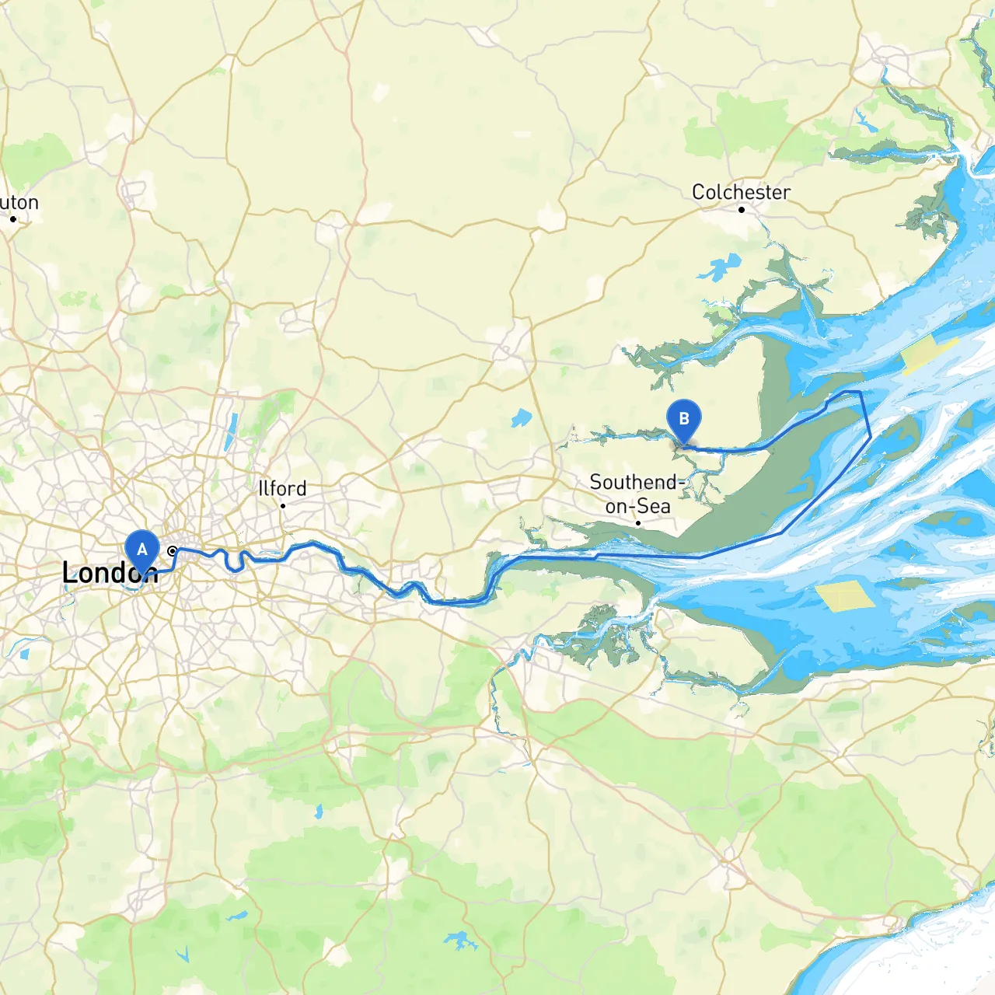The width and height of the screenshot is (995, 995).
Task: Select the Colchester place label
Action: tap(741, 191)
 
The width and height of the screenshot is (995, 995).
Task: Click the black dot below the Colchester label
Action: tap(742, 210)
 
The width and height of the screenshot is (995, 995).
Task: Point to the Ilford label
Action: tap(282, 488)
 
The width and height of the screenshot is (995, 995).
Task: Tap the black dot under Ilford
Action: tap(283, 506)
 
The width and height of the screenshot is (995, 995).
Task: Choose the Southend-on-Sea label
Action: tap(637, 494)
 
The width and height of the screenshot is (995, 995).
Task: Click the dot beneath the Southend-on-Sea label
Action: tap(638, 523)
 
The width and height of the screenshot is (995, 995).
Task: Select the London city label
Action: tap(109, 573)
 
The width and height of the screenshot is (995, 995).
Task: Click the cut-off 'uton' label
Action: tap(19, 202)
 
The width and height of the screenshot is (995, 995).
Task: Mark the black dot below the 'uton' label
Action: tap(13, 219)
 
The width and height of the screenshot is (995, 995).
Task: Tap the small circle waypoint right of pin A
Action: tap(173, 551)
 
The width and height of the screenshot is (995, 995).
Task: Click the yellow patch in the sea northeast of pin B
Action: tap(928, 354)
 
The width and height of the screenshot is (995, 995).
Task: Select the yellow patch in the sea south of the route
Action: tap(845, 596)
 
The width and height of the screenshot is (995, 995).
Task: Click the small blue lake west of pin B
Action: tap(521, 419)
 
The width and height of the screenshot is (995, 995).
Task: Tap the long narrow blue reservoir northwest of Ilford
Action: tap(231, 432)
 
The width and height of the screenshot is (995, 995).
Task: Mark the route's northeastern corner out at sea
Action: tap(861, 393)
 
